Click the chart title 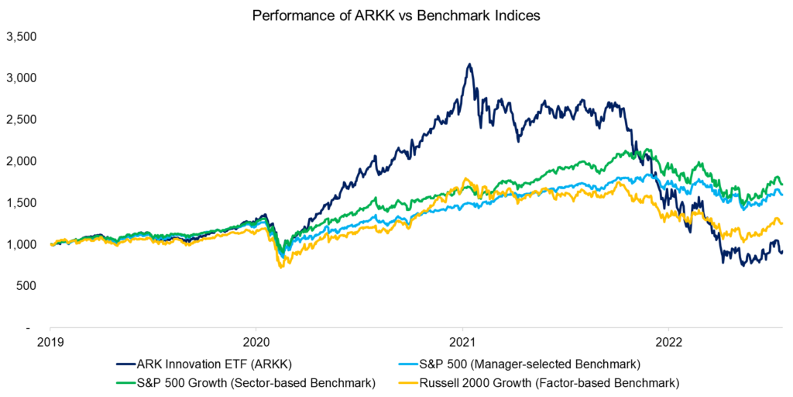(x=396, y=15)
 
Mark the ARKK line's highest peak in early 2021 (x=469, y=64)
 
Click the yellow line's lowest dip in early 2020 (x=280, y=268)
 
